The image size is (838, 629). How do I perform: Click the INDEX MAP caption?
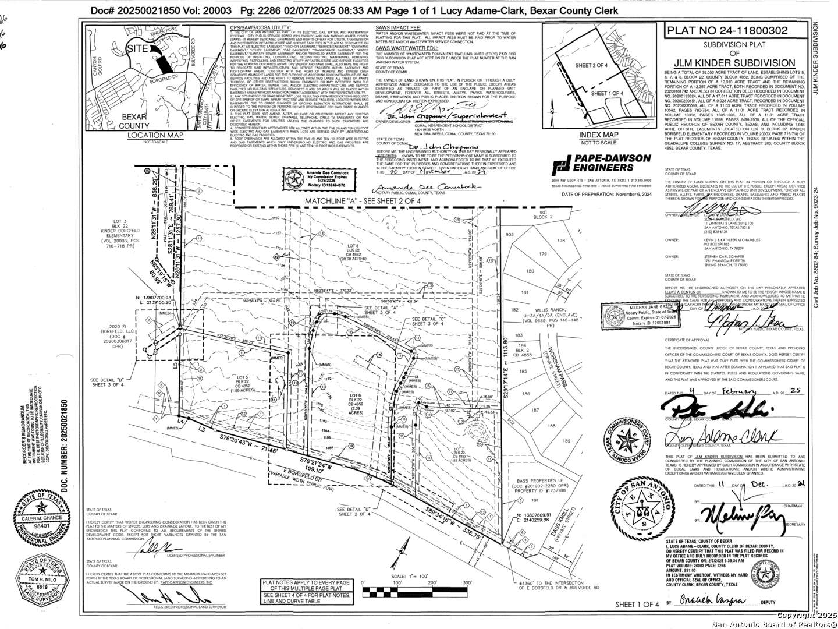click(x=598, y=135)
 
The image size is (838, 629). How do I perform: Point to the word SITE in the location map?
click(x=138, y=50)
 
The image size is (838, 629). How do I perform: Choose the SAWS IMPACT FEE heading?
click(x=398, y=27)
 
